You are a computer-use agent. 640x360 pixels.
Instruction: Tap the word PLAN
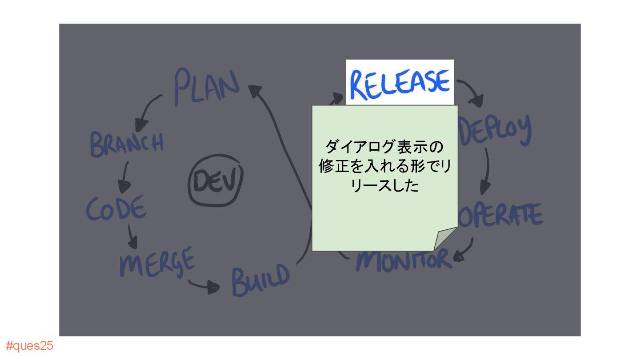point(206,86)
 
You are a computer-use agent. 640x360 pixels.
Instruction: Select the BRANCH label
point(127,144)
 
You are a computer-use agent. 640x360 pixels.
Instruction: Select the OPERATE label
point(501,215)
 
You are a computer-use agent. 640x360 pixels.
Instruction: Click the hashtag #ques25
point(29,346)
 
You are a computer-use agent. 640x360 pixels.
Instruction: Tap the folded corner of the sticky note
point(444,239)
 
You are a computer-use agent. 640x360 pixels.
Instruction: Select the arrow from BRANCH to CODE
point(124,176)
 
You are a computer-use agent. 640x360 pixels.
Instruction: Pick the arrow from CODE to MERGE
point(132,236)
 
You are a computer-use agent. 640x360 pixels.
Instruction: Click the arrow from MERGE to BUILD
point(204,285)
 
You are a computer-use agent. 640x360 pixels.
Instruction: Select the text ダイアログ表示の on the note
point(384,146)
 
